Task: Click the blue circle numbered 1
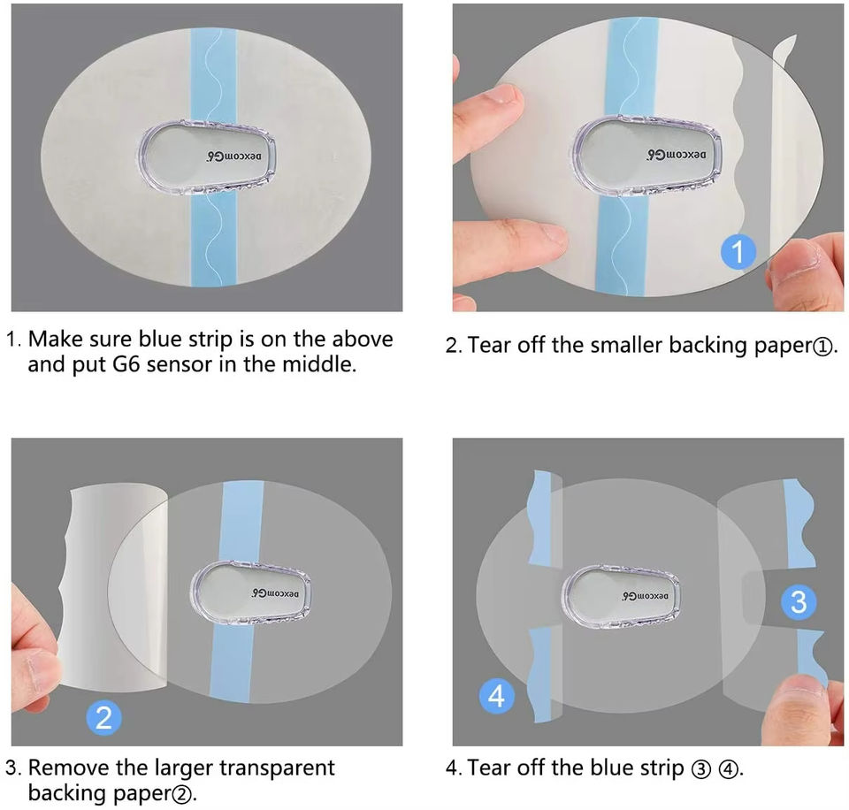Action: point(738,251)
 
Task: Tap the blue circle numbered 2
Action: point(103,718)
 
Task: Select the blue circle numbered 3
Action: point(799,601)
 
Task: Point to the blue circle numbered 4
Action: point(497,696)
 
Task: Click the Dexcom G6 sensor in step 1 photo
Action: point(206,157)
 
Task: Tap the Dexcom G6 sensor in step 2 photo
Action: point(646,156)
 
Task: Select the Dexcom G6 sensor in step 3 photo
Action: point(250,593)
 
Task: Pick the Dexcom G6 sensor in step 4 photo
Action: point(621,597)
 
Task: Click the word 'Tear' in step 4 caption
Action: point(489,768)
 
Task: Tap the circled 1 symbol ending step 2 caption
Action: point(822,346)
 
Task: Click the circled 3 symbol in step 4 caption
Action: point(700,768)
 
